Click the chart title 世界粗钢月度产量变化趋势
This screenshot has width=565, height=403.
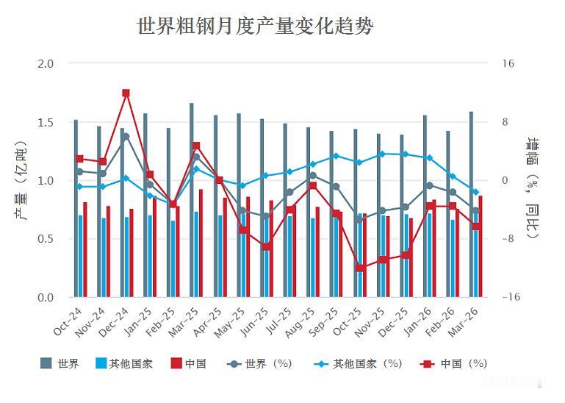[255, 27]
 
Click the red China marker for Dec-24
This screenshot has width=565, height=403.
[126, 93]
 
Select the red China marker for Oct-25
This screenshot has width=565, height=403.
[359, 268]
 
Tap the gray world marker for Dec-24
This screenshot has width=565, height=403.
[126, 136]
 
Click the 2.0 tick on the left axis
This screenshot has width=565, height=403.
[46, 63]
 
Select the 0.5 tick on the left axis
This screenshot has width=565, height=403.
[46, 239]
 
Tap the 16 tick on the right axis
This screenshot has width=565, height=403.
[508, 63]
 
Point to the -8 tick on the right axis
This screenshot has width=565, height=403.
[508, 239]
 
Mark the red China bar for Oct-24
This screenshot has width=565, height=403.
[85, 249]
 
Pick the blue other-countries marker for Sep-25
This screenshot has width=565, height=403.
[336, 156]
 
